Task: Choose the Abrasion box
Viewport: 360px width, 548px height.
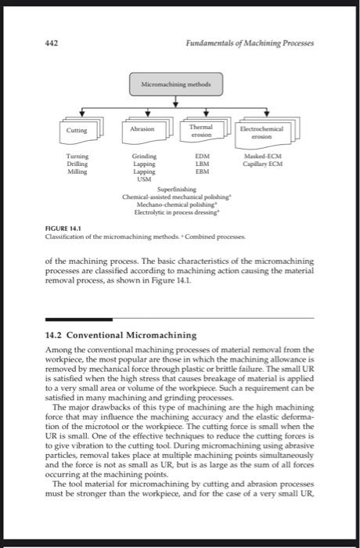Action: (x=143, y=129)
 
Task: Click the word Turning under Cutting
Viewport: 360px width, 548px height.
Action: (x=77, y=156)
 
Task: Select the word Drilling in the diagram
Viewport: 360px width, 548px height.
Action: (x=77, y=164)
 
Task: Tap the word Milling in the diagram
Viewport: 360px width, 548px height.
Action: (x=77, y=171)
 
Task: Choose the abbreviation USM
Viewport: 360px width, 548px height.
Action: (x=143, y=179)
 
